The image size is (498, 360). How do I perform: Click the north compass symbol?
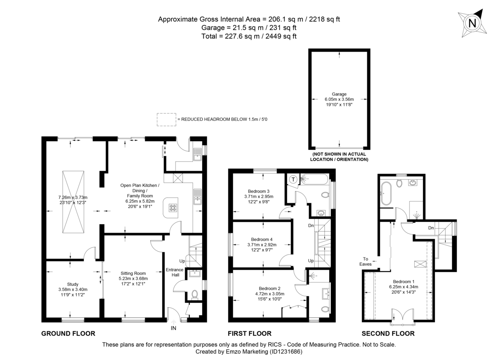[x=472, y=23]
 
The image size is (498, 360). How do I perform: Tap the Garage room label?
[x=339, y=94]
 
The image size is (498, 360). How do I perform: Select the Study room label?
[x=73, y=284]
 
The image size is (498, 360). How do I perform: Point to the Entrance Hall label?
[x=175, y=272]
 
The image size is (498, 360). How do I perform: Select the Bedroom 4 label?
[x=262, y=239]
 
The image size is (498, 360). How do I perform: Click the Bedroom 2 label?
[x=270, y=288]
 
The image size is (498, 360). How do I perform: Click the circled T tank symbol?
[x=293, y=179]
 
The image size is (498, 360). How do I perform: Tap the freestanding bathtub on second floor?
[x=386, y=193]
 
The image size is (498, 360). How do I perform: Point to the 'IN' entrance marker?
[x=173, y=328]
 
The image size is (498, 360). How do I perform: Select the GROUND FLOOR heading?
[x=68, y=333]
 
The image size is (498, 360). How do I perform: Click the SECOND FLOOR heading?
[x=388, y=333]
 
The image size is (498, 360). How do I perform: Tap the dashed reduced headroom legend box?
[x=166, y=120]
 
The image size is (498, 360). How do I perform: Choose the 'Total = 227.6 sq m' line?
[x=249, y=36]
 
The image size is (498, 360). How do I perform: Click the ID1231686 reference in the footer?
[x=286, y=352]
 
